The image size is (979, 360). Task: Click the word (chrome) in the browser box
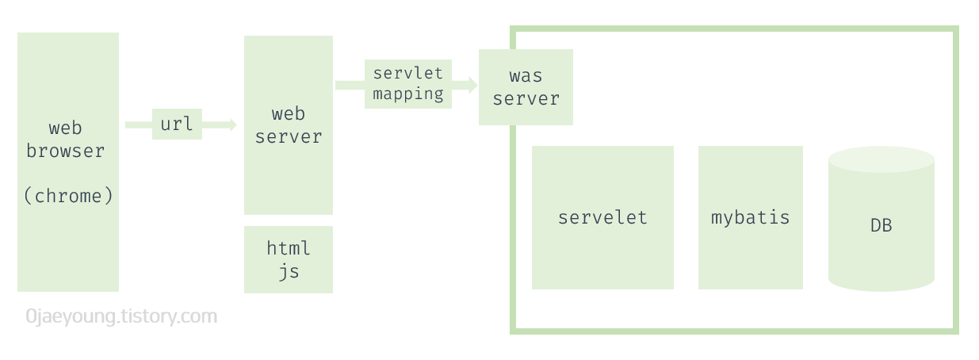[x=68, y=196]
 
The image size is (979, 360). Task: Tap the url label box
[x=177, y=124]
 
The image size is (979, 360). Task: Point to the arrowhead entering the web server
[x=231, y=124]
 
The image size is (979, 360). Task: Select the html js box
[x=289, y=259]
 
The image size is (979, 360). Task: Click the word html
[x=289, y=248]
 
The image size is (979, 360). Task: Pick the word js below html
[x=289, y=271]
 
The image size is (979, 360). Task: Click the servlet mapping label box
[x=408, y=83]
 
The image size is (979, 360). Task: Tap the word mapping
[x=408, y=94]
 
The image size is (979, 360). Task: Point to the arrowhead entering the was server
[x=472, y=85]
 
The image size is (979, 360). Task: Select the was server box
[x=526, y=87]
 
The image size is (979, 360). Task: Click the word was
[x=526, y=76]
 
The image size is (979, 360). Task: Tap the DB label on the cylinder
[x=881, y=226]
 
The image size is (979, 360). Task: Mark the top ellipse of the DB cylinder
[x=881, y=159]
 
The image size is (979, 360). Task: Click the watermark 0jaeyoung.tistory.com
[x=121, y=317]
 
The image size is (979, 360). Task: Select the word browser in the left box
[x=65, y=151]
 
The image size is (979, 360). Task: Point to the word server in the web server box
[x=289, y=136]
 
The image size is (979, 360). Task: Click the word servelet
[x=602, y=217]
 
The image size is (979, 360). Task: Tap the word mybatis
[x=750, y=217]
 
